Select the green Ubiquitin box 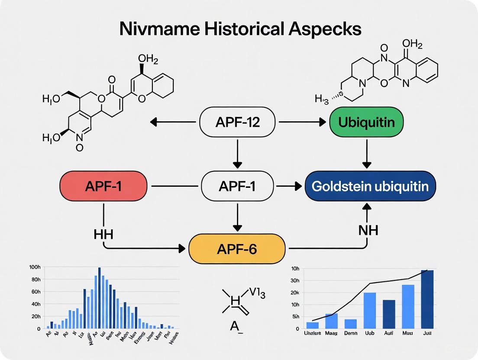(366, 122)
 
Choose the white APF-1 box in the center (237, 186)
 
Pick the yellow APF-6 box (237, 248)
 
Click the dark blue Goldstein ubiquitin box (370, 186)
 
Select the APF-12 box (237, 122)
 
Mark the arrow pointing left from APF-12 (173, 122)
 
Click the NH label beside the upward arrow (368, 230)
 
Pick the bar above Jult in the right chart (427, 299)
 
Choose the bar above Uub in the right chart (369, 310)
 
